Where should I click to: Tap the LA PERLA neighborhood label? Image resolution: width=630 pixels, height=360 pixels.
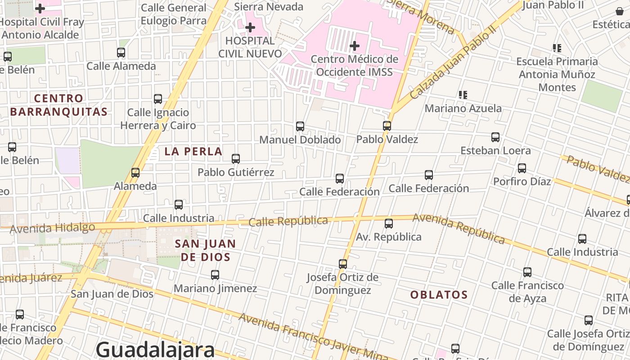tap(193, 151)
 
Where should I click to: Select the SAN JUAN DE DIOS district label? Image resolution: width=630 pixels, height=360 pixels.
tap(205, 250)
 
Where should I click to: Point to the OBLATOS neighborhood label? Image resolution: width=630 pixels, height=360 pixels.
tap(439, 295)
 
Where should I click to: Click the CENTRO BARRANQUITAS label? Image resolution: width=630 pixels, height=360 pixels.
tap(59, 105)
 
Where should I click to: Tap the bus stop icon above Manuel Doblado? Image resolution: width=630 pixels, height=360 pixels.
tap(300, 126)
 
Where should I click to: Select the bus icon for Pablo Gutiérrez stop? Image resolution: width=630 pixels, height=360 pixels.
tap(236, 158)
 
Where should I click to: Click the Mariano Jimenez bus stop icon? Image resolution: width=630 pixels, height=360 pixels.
tap(215, 274)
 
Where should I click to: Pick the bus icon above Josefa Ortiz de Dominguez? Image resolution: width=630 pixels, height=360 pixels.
tap(343, 264)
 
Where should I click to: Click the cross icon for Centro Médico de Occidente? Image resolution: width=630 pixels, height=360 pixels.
tap(355, 45)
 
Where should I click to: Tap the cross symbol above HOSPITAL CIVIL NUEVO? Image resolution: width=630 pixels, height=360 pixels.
tap(250, 27)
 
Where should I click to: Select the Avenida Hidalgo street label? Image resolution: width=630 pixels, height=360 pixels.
tap(52, 228)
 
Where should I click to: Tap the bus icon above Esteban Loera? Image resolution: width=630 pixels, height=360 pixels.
tap(495, 137)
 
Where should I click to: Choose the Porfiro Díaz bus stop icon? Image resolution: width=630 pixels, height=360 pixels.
tap(522, 168)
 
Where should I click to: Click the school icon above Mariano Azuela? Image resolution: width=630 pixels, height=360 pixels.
tap(463, 94)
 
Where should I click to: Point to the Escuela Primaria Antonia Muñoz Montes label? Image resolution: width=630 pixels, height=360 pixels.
tap(557, 74)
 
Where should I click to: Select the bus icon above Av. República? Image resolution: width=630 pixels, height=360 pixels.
tap(389, 223)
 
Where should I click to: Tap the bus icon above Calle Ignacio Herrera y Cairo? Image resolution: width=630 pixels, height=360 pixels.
tap(158, 99)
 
